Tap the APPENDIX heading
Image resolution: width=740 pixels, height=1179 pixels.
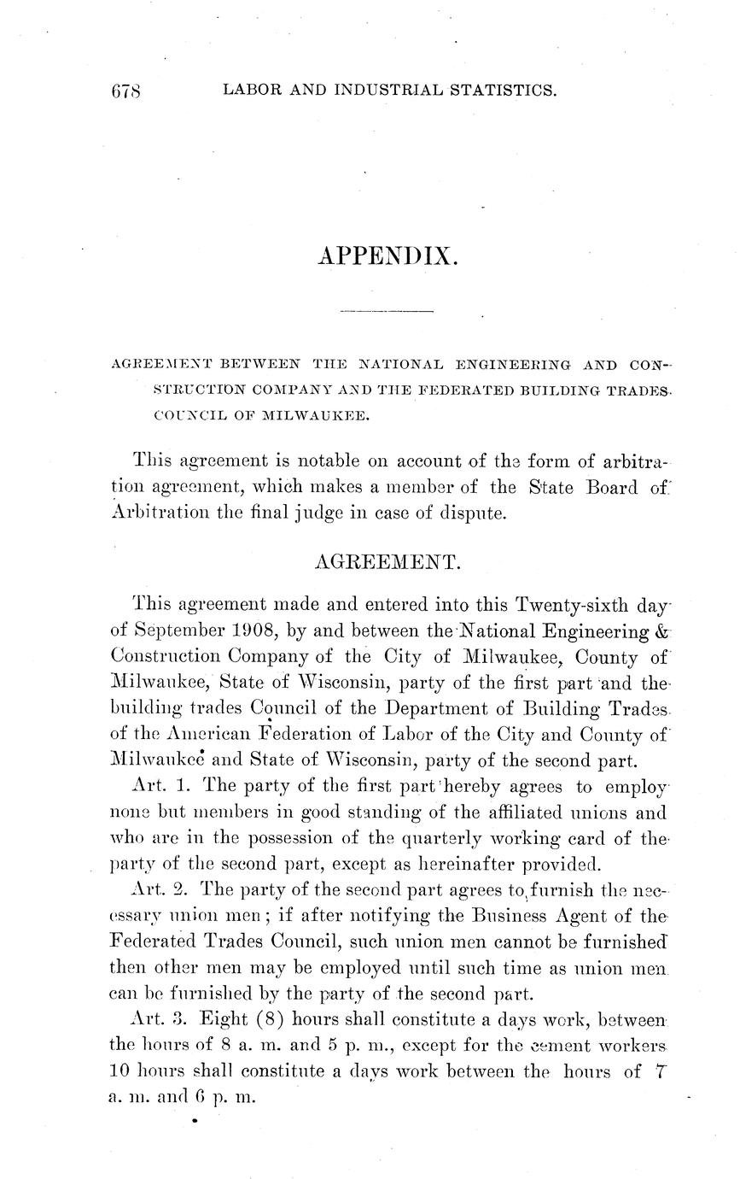387,255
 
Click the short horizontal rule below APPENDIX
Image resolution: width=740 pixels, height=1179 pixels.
387,313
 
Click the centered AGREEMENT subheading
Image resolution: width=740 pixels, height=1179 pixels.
388,561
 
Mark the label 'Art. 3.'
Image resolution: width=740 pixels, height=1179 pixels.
156,1019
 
